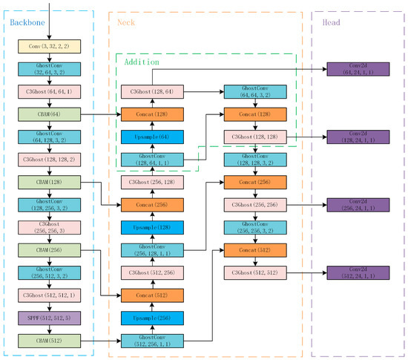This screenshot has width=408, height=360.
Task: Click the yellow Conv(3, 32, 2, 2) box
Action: [x=49, y=46]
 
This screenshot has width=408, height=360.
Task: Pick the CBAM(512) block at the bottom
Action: [x=49, y=341]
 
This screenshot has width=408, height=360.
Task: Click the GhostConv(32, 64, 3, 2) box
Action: [x=49, y=69]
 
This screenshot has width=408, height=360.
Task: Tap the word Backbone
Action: [x=27, y=23]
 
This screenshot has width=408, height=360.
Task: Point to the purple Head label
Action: [x=332, y=23]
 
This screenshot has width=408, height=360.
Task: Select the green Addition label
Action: [x=141, y=62]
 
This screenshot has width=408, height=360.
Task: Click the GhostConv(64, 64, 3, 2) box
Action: [x=254, y=92]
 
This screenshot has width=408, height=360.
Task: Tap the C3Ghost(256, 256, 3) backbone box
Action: [x=49, y=227]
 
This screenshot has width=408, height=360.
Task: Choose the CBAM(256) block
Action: [x=49, y=250]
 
